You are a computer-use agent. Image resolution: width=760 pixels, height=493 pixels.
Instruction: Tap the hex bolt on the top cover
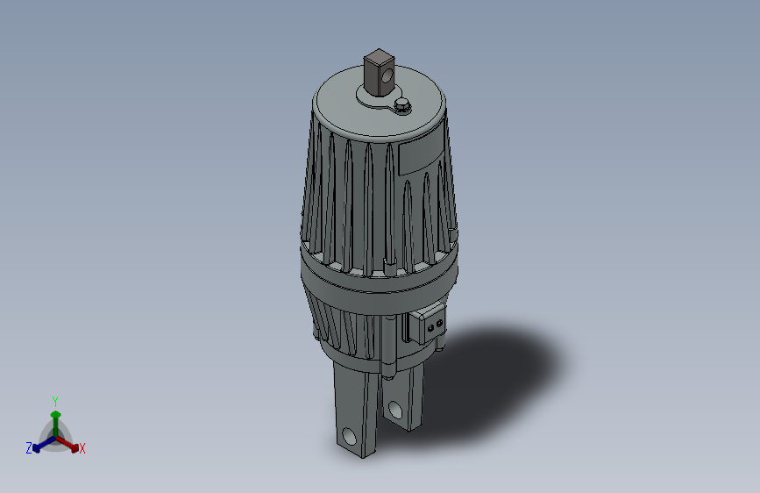coord(402,106)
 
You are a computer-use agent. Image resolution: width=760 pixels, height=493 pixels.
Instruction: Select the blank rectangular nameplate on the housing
coord(421,154)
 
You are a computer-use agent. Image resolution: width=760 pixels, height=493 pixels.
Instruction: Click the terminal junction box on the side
coord(429,324)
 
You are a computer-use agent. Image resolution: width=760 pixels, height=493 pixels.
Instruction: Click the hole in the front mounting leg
coord(350,435)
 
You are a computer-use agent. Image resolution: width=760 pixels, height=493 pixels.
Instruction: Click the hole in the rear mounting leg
coord(395,410)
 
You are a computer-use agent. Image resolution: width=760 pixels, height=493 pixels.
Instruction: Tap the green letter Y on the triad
coord(55,399)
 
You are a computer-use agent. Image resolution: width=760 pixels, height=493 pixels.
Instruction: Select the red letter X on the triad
coord(82,449)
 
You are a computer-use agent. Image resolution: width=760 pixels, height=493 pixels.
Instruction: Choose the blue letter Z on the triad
coord(29,448)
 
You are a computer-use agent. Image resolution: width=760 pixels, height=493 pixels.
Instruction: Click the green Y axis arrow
coord(55,417)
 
